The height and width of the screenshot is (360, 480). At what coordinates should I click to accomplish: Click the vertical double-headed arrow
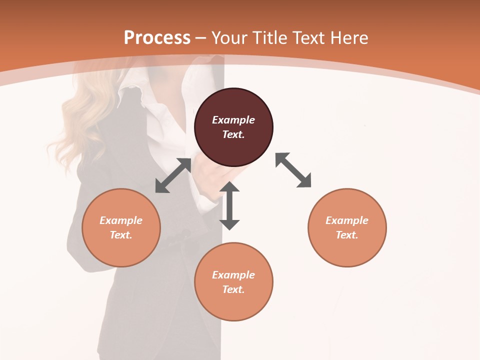click(229, 205)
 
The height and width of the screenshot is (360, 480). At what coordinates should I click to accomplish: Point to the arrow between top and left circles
click(173, 175)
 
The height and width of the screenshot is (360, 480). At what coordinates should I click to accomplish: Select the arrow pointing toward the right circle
click(293, 170)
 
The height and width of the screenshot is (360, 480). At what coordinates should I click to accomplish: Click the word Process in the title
click(157, 38)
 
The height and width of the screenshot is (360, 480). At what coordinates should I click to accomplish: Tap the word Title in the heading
click(269, 38)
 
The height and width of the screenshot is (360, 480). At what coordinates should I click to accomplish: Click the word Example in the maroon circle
click(233, 120)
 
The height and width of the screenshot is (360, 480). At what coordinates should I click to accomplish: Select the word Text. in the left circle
click(121, 235)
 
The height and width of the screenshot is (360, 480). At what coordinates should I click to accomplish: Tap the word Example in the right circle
click(347, 220)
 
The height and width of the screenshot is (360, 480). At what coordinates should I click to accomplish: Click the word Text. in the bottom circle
click(233, 289)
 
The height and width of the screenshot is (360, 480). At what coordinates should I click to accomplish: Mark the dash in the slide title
click(201, 38)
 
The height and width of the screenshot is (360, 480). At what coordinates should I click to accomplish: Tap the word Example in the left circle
click(121, 220)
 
